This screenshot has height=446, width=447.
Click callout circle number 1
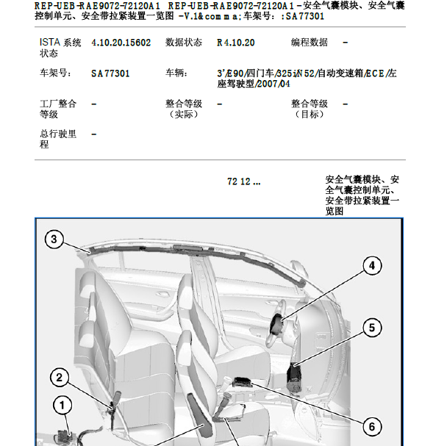click(x=62, y=405)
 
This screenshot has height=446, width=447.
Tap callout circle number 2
click(x=60, y=378)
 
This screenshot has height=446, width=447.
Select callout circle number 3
click(x=54, y=238)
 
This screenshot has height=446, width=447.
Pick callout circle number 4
click(x=371, y=266)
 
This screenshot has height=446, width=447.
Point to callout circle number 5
click(x=371, y=327)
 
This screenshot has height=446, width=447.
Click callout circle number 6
click(x=371, y=426)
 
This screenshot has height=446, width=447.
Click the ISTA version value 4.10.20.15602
click(x=121, y=43)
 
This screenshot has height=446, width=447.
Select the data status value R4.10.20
click(x=236, y=43)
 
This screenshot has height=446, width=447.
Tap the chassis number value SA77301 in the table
click(x=111, y=73)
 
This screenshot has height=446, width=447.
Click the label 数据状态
click(x=184, y=43)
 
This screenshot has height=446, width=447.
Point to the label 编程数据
click(x=310, y=43)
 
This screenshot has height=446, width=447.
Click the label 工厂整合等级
click(x=58, y=109)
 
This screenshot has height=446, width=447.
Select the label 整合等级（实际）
click(x=184, y=109)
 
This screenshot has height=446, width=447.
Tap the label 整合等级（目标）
click(x=310, y=109)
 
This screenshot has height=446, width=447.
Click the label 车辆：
click(x=176, y=73)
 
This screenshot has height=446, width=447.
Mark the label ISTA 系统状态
click(x=60, y=48)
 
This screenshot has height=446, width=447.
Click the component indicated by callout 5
click(x=296, y=371)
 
